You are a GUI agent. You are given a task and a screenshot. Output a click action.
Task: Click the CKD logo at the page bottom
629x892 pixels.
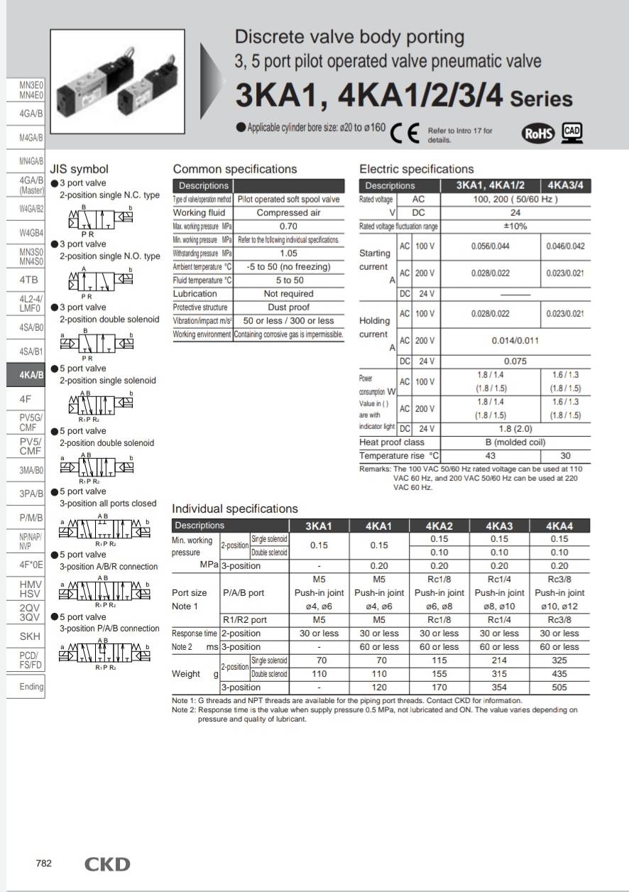[x=107, y=864]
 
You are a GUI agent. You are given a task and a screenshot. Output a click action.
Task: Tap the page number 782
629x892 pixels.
[x=44, y=864]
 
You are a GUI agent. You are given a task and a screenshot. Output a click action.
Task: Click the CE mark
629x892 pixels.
[x=405, y=133]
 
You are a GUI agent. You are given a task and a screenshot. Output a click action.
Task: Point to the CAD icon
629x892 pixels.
[x=572, y=132]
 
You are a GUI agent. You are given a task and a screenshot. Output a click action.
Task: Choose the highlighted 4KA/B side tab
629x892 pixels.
[x=26, y=375]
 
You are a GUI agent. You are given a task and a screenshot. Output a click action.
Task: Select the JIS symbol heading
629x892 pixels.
[x=79, y=169]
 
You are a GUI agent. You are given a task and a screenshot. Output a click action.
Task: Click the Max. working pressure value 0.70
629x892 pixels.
[x=288, y=227]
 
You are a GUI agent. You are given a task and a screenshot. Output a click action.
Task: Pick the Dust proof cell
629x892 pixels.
[x=288, y=308]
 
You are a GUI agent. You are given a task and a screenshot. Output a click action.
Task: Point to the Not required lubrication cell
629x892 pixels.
[x=288, y=294]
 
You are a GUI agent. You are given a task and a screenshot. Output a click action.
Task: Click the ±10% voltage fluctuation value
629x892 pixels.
[x=515, y=227]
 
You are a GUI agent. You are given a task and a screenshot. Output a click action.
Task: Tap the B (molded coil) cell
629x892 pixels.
[x=515, y=442]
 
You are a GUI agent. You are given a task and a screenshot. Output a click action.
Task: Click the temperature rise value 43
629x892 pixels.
[x=490, y=456]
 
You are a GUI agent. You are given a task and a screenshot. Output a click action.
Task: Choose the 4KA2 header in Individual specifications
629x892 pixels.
[x=439, y=526]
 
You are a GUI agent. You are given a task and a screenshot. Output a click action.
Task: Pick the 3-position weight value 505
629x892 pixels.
[x=559, y=687]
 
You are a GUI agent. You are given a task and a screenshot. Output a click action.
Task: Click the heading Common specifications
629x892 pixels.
[x=235, y=169]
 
